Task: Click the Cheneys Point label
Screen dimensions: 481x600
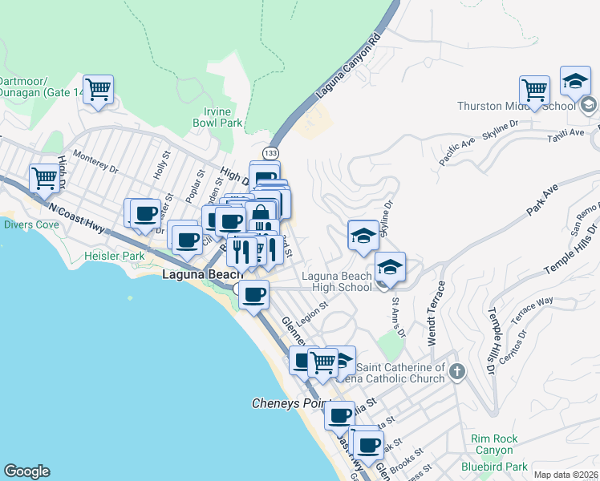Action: pos(286,403)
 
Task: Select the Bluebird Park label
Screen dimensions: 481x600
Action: pos(494,466)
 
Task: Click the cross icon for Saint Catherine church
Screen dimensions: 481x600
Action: pos(456,371)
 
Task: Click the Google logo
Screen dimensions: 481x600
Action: pos(26,471)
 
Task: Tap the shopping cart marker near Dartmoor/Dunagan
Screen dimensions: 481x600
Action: pos(98,90)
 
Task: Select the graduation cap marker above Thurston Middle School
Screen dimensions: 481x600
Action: pos(575,80)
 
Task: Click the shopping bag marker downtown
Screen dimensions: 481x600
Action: pos(261,216)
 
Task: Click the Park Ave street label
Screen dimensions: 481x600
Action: pos(541,201)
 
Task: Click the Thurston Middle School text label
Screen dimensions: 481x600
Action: pos(517,106)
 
